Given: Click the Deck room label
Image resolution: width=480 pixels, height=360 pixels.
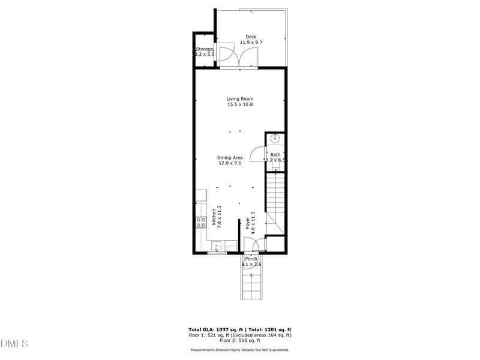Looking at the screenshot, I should coord(251,37).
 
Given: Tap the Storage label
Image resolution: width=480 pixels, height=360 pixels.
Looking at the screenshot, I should coord(205,49).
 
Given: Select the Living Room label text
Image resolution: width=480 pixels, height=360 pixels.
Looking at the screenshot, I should coord(240,99).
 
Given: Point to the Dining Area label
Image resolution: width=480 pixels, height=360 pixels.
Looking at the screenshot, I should coord(230,158).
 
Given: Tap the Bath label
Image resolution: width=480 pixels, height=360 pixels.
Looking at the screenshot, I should coord(275,155).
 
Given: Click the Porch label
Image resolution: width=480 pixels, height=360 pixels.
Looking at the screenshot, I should coord(251,259).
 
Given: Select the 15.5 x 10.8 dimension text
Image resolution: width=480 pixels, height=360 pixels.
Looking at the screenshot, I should coord(240,105).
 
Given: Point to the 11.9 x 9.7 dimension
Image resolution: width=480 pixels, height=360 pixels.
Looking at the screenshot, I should coord(251,43).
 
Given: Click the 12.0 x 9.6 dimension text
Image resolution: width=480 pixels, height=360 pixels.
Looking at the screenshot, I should coord(230,164).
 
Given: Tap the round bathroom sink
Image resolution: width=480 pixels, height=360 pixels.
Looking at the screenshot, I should coord(275,139).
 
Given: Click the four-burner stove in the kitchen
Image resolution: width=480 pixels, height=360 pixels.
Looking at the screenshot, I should coord(200,223).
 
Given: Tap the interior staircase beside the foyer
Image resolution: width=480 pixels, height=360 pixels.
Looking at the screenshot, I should coord(275,198).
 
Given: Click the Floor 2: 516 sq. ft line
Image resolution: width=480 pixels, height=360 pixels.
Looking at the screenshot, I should coord(240,341).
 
